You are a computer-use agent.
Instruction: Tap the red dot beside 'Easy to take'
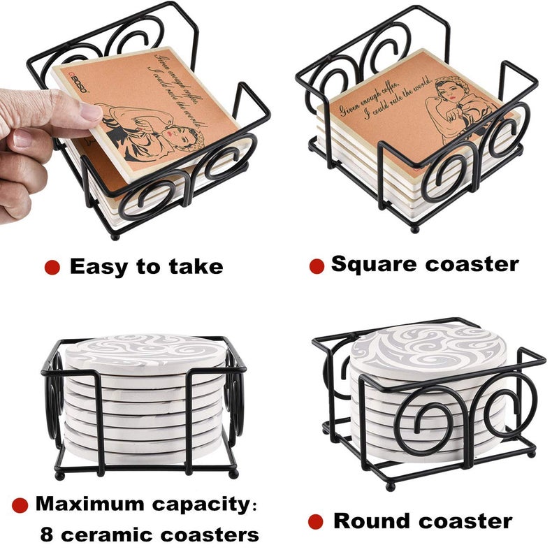[x=52, y=267]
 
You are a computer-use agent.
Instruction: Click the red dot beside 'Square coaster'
[x=317, y=266]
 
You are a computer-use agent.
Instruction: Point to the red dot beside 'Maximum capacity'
[x=20, y=504]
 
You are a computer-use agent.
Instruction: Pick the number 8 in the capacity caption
[x=45, y=535]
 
